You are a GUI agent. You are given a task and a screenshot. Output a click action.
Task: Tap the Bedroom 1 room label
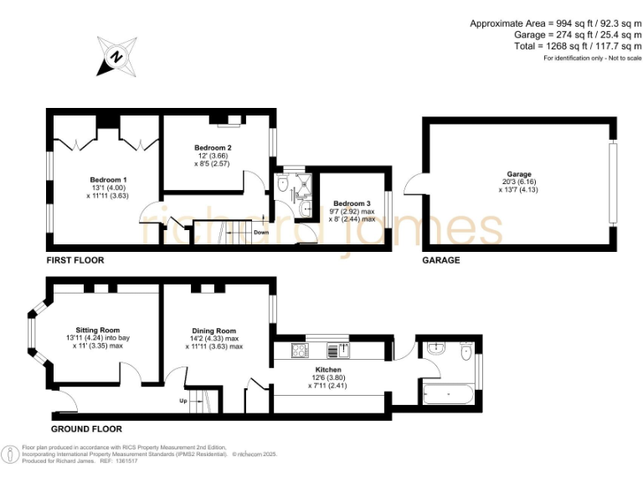pos(109,179)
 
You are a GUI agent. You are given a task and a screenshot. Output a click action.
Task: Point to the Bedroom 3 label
pos(351,203)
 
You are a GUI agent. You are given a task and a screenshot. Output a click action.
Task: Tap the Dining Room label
pos(214,331)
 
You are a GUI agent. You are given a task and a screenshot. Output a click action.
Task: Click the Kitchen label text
pos(327,369)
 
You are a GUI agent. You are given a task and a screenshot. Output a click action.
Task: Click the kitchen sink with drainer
pos(340,349)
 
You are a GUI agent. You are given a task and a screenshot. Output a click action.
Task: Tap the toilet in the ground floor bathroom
pos(466,352)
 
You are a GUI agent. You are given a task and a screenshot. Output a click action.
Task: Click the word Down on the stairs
pos(261,233)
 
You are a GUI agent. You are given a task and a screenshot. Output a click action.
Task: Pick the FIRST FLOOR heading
pos(75,260)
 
